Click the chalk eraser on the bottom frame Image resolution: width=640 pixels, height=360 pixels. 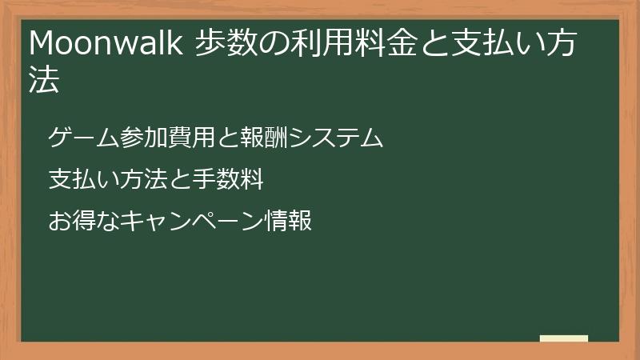[x=564, y=338]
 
